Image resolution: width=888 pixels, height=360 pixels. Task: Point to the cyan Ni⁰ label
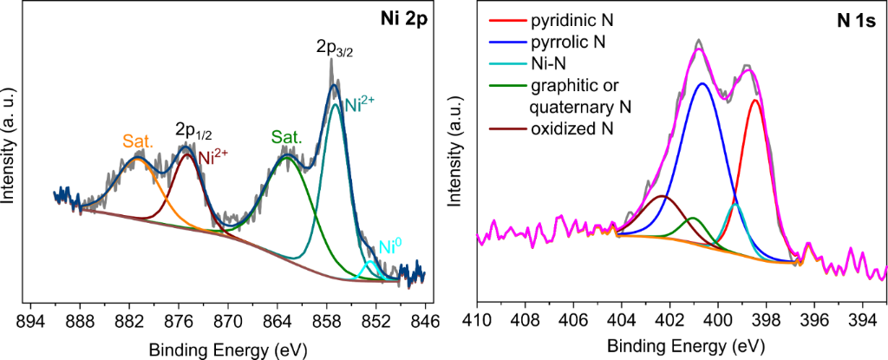point(392,246)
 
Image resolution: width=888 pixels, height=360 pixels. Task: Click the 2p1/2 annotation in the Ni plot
point(194,131)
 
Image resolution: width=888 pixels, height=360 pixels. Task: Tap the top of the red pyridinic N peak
point(756,100)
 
